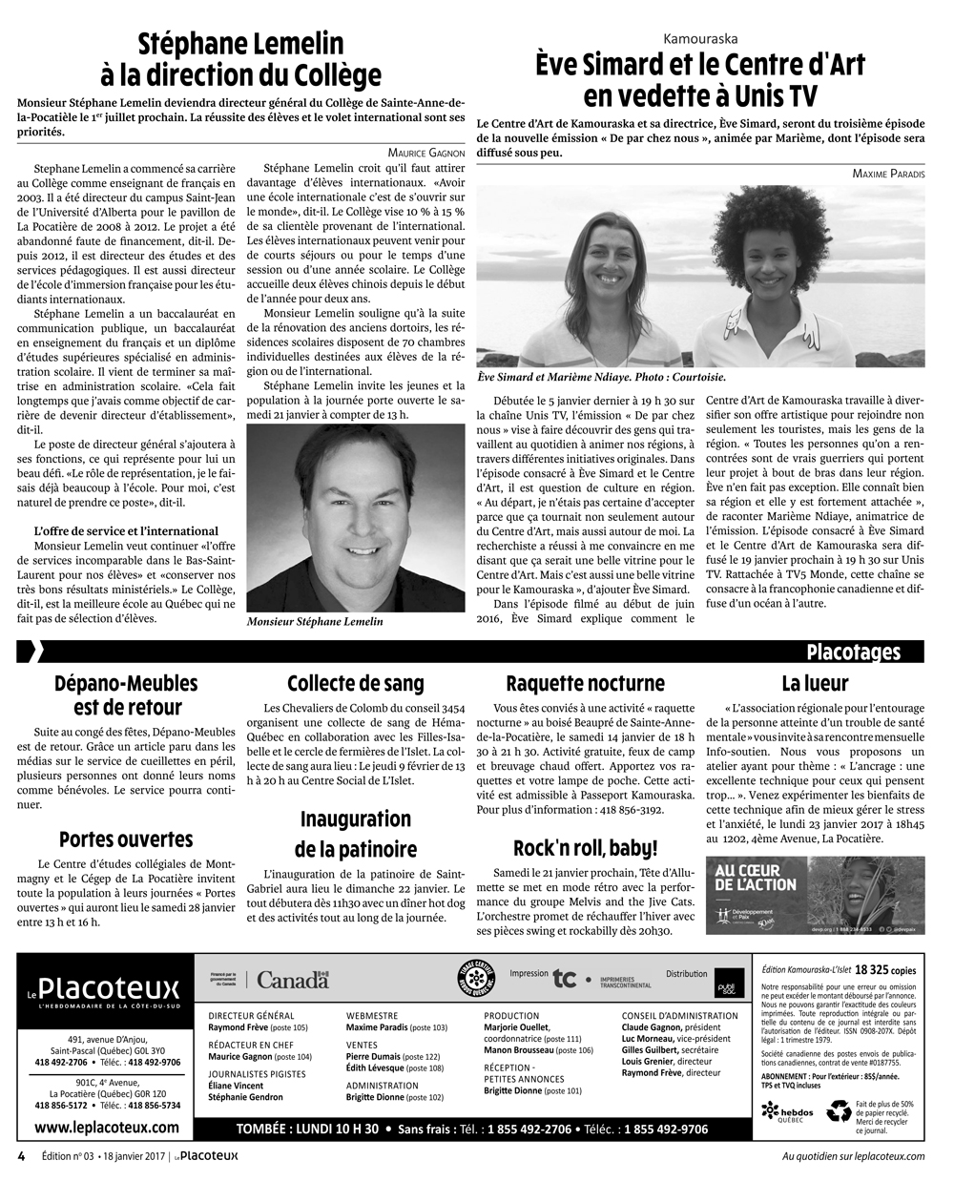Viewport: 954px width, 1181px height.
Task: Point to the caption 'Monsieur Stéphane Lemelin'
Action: point(314,622)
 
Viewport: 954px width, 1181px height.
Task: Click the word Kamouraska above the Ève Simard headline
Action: point(700,38)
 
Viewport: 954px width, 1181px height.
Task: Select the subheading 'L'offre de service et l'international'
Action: point(126,530)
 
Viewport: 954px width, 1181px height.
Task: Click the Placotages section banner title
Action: point(853,653)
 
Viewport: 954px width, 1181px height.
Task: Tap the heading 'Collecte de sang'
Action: point(356,683)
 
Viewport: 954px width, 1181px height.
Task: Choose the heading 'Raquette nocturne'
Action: point(585,683)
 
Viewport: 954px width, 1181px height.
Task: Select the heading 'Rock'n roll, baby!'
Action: point(585,848)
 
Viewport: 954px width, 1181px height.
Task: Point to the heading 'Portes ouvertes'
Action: point(126,839)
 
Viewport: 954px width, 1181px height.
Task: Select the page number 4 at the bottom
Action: point(20,1157)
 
